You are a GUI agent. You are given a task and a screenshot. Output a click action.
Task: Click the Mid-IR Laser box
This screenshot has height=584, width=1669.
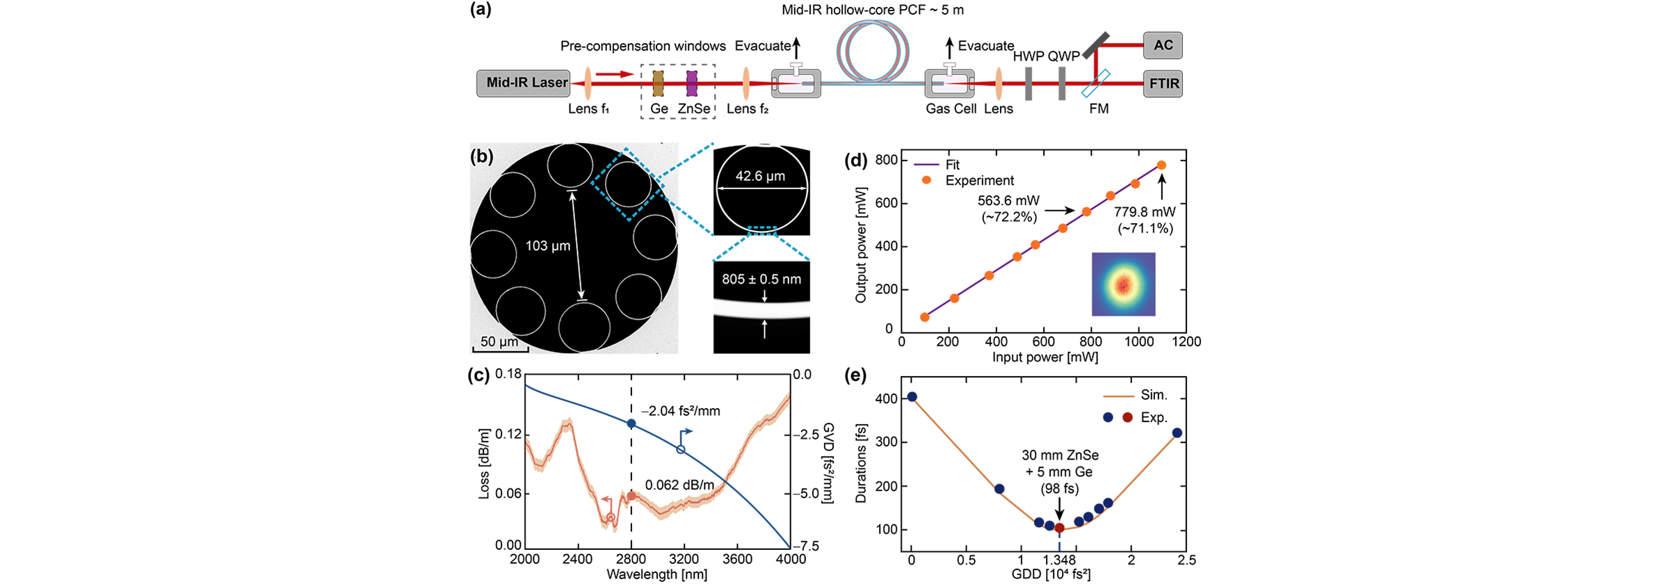click(x=523, y=83)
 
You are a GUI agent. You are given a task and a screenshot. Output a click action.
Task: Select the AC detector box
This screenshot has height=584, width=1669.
click(x=1163, y=45)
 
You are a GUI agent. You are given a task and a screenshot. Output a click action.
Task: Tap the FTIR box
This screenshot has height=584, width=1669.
click(x=1163, y=83)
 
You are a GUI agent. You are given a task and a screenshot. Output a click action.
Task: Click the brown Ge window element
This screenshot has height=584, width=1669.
click(x=658, y=83)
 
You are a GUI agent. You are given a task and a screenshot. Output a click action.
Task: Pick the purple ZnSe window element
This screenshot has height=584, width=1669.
click(x=691, y=83)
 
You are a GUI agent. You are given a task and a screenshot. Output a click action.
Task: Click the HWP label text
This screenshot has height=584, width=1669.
click(x=1029, y=56)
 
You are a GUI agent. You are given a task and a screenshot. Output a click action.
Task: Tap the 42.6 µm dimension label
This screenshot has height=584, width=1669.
click(x=760, y=176)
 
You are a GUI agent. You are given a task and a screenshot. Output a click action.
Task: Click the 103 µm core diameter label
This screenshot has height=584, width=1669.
click(x=547, y=245)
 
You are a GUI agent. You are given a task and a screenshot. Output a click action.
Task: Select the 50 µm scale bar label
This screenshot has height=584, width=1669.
click(x=499, y=341)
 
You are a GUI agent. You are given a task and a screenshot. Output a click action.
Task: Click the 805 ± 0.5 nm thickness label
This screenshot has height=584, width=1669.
click(x=761, y=279)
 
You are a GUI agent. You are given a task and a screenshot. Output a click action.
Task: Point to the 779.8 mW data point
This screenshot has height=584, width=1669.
click(x=1161, y=165)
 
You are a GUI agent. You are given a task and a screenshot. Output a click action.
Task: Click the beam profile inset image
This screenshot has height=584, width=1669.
click(x=1123, y=284)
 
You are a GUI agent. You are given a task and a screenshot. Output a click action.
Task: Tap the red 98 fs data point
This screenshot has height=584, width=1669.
click(x=1059, y=528)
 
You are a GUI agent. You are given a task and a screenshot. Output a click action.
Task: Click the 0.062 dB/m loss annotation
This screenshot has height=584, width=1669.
click(x=679, y=485)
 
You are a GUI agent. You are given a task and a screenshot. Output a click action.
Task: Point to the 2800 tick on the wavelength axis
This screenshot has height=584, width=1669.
click(x=631, y=559)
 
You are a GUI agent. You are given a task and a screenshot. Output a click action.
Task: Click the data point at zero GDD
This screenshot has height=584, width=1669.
click(x=912, y=397)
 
